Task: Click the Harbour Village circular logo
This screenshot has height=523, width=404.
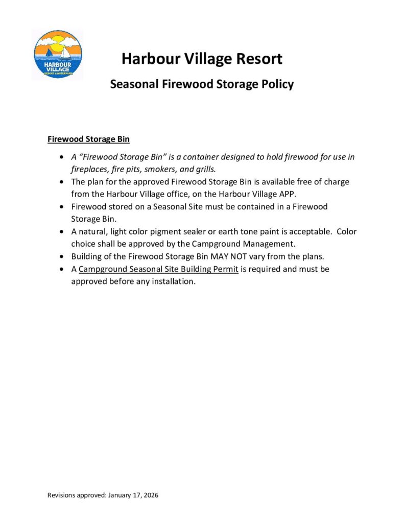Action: (58, 54)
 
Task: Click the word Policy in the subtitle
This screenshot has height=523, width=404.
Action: (276, 84)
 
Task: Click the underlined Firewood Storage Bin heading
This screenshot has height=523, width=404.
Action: (88, 139)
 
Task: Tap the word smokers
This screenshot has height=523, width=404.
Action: (164, 169)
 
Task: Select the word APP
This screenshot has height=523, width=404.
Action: (287, 194)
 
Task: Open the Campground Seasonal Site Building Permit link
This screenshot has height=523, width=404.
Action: (159, 269)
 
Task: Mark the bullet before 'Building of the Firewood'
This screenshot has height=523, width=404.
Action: (62, 256)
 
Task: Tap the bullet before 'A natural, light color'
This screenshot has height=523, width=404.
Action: (62, 231)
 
